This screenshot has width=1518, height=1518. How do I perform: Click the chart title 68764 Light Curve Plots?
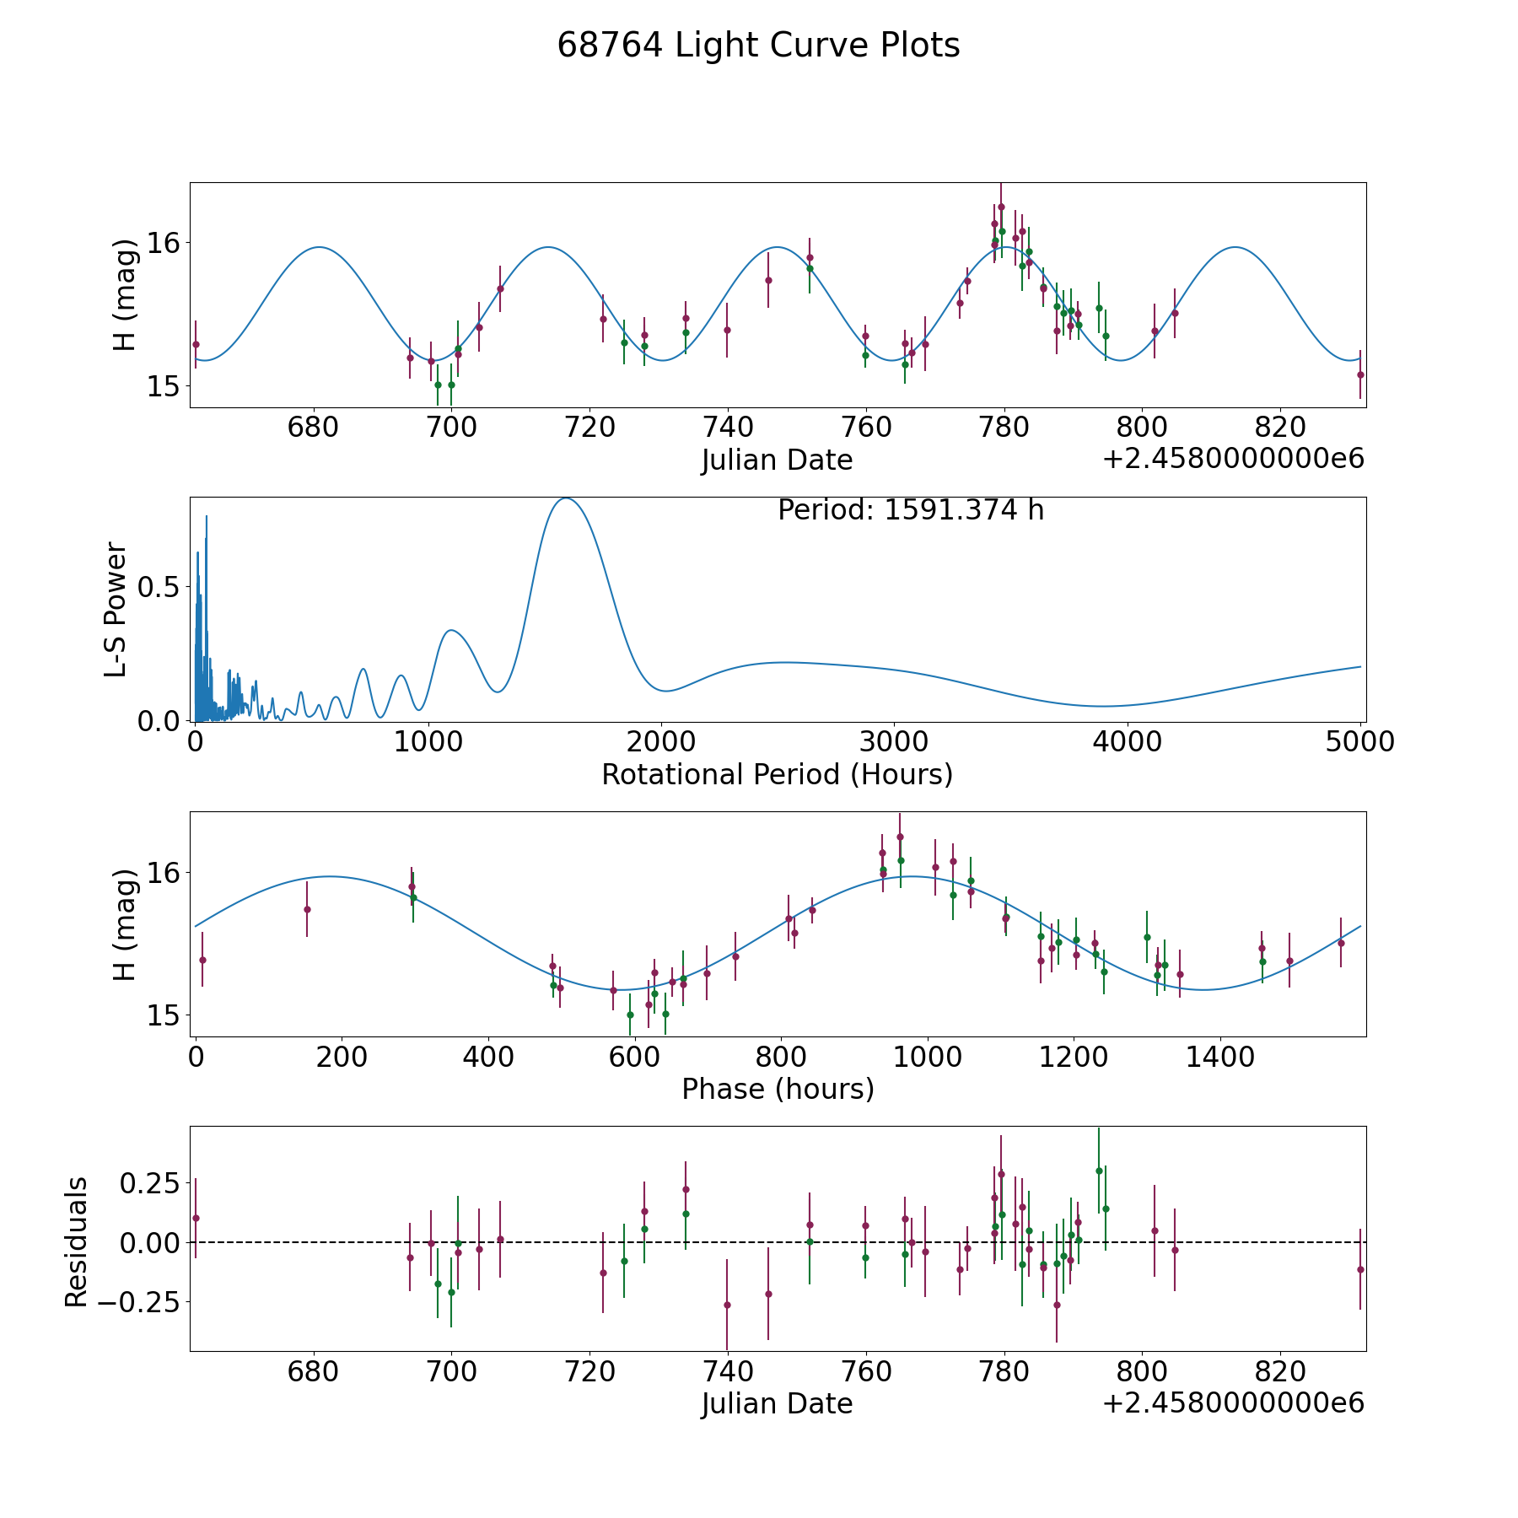pyautogui.click(x=758, y=46)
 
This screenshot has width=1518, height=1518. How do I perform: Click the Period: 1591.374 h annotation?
pyautogui.click(x=911, y=510)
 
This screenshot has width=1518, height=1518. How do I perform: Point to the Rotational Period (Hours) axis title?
pyautogui.click(x=777, y=774)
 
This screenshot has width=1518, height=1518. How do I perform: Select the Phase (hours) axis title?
pyautogui.click(x=778, y=1089)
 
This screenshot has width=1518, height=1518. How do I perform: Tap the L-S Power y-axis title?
pyautogui.click(x=116, y=609)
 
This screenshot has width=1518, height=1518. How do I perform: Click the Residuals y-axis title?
pyautogui.click(x=77, y=1242)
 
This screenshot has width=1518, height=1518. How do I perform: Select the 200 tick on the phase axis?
pyautogui.click(x=342, y=1056)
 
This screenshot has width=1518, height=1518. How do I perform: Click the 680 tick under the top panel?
pyautogui.click(x=313, y=427)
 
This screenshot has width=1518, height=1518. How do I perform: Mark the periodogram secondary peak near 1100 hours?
pyautogui.click(x=451, y=630)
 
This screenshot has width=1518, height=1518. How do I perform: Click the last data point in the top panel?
pyautogui.click(x=1360, y=374)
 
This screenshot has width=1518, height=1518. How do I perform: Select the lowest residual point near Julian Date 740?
pyautogui.click(x=727, y=1305)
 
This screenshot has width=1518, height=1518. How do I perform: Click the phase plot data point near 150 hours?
pyautogui.click(x=307, y=909)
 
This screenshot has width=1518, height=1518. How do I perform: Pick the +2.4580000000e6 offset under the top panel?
pyautogui.click(x=1233, y=459)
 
